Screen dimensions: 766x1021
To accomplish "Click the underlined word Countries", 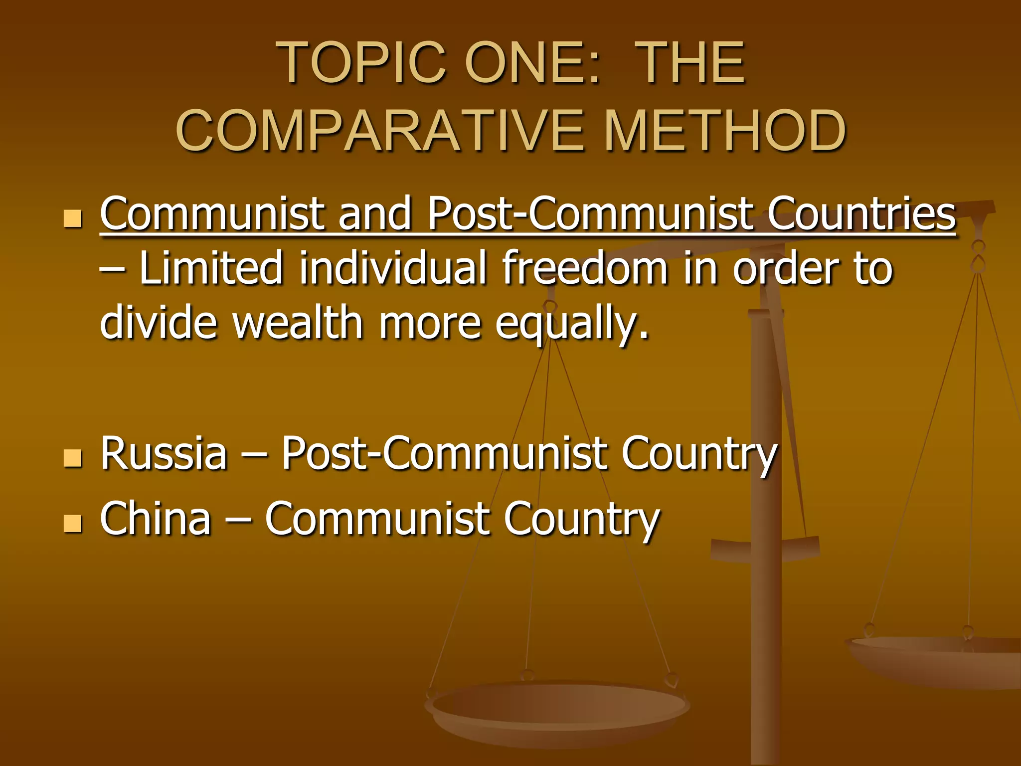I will (861, 214).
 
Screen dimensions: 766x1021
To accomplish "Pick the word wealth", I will (298, 323).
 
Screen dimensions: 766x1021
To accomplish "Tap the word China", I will (156, 519).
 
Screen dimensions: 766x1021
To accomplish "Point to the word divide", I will (159, 323).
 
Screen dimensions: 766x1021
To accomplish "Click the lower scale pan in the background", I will (557, 708).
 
